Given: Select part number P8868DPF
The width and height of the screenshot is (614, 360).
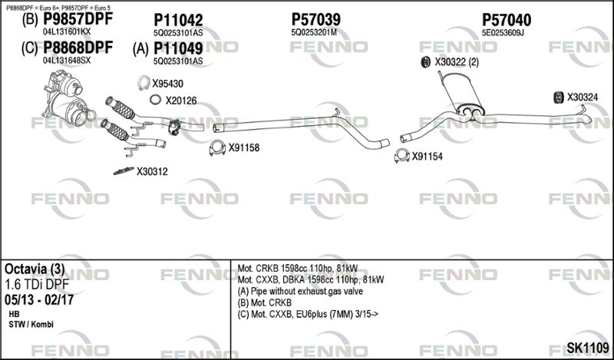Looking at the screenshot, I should click(78, 48).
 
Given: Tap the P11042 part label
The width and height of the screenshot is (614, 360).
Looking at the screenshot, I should click(178, 20).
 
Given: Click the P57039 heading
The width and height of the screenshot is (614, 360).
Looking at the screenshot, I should click(316, 19).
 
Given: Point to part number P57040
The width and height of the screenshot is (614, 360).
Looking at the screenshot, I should click(507, 19).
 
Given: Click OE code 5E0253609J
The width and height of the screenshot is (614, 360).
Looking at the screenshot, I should click(503, 33).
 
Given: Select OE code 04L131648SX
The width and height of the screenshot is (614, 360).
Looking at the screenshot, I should click(67, 60).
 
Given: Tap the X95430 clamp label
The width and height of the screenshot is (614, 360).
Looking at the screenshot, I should click(167, 84).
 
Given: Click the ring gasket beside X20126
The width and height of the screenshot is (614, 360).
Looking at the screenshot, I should click(154, 100).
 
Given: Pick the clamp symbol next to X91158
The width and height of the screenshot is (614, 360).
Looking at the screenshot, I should click(217, 147).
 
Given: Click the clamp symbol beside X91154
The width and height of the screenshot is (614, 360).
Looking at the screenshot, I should click(401, 157).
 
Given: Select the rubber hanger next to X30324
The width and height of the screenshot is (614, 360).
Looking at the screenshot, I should click(558, 97).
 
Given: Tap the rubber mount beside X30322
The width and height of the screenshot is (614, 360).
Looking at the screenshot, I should click(425, 61).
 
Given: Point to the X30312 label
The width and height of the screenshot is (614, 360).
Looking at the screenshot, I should click(152, 171).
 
